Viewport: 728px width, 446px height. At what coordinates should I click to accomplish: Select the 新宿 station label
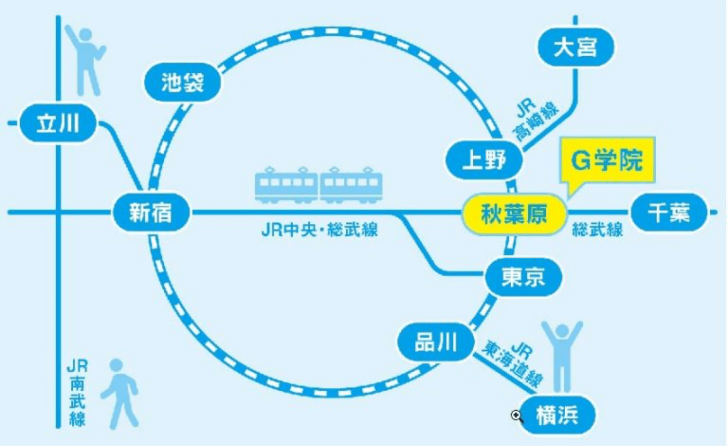151,212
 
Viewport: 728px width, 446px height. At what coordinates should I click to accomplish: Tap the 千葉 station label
669,213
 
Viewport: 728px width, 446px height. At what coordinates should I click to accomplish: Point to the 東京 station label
524,278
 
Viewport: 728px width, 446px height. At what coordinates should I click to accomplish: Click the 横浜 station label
557,415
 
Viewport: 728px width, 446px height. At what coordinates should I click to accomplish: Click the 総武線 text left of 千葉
597,230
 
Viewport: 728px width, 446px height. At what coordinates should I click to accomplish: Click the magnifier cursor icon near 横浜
517,415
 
